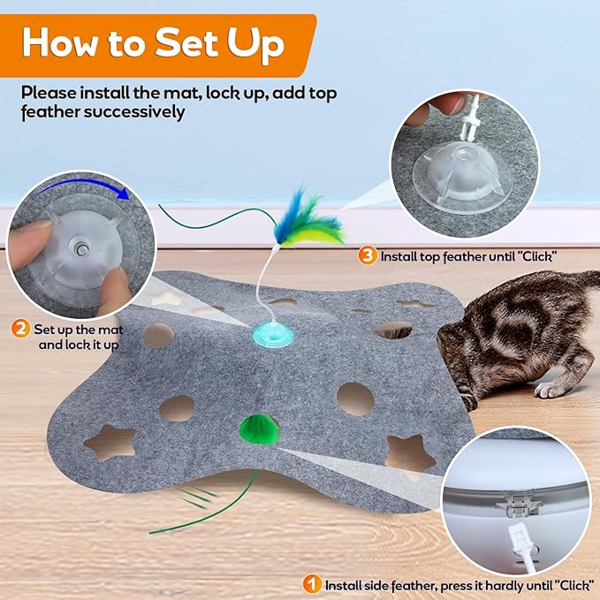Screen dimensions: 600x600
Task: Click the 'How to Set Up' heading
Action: coord(156,42)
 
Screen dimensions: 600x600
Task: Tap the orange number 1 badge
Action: coord(312,584)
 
